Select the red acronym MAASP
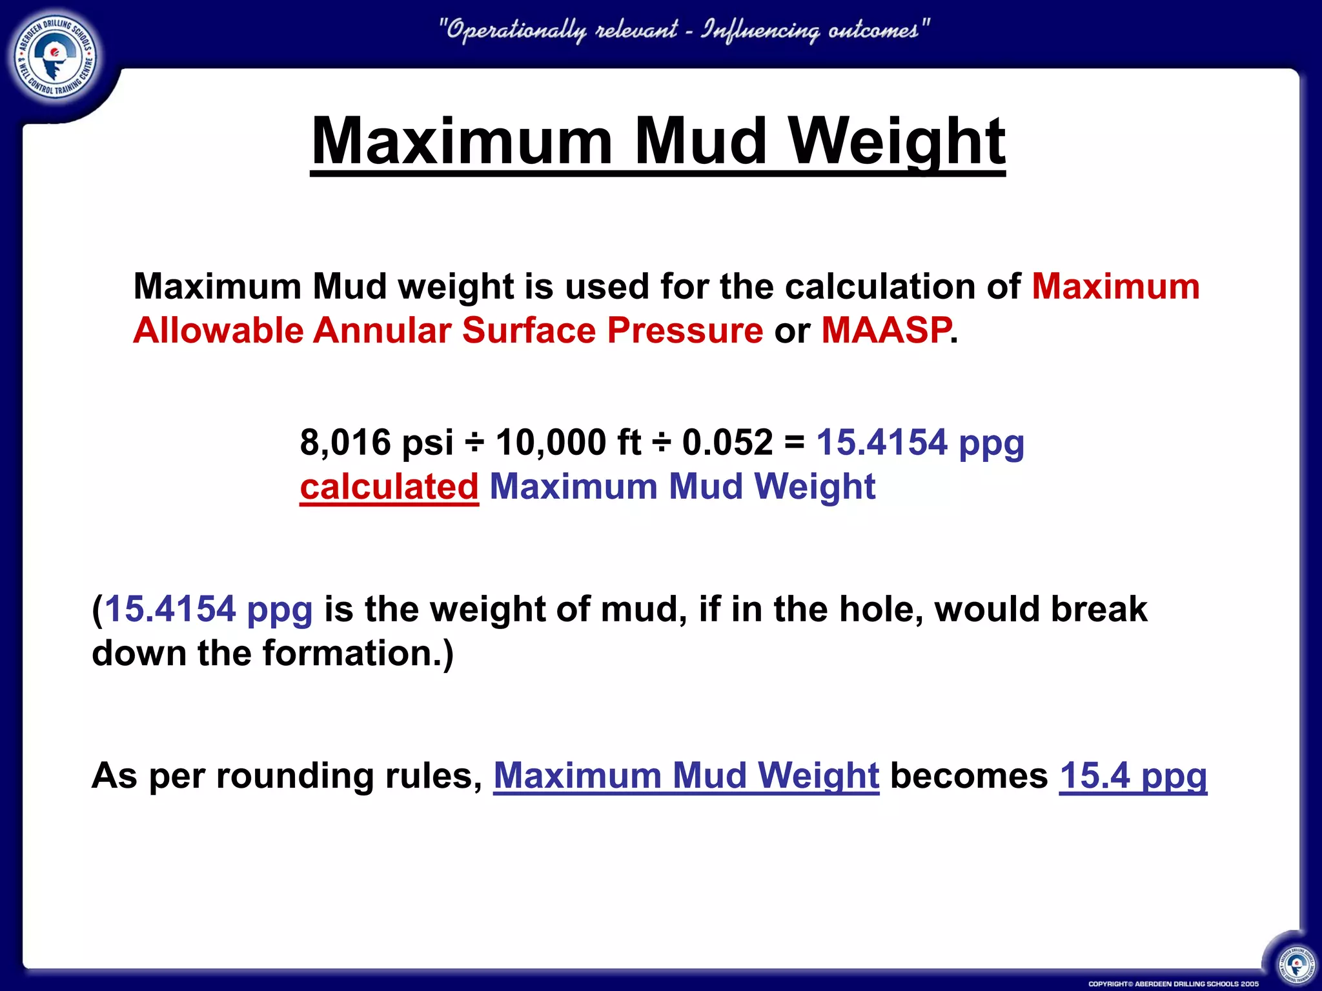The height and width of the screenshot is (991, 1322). point(886,330)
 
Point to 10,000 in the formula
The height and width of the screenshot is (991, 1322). point(551,443)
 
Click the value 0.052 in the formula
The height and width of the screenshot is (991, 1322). point(727,443)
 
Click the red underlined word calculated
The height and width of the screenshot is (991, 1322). point(389,486)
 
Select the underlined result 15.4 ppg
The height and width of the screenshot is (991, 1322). point(1133,776)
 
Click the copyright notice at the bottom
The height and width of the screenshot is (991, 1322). point(1173,984)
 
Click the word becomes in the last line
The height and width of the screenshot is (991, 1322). point(969,776)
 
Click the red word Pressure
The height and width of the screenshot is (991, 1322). point(685,330)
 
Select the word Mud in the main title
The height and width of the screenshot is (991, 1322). point(700,141)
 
